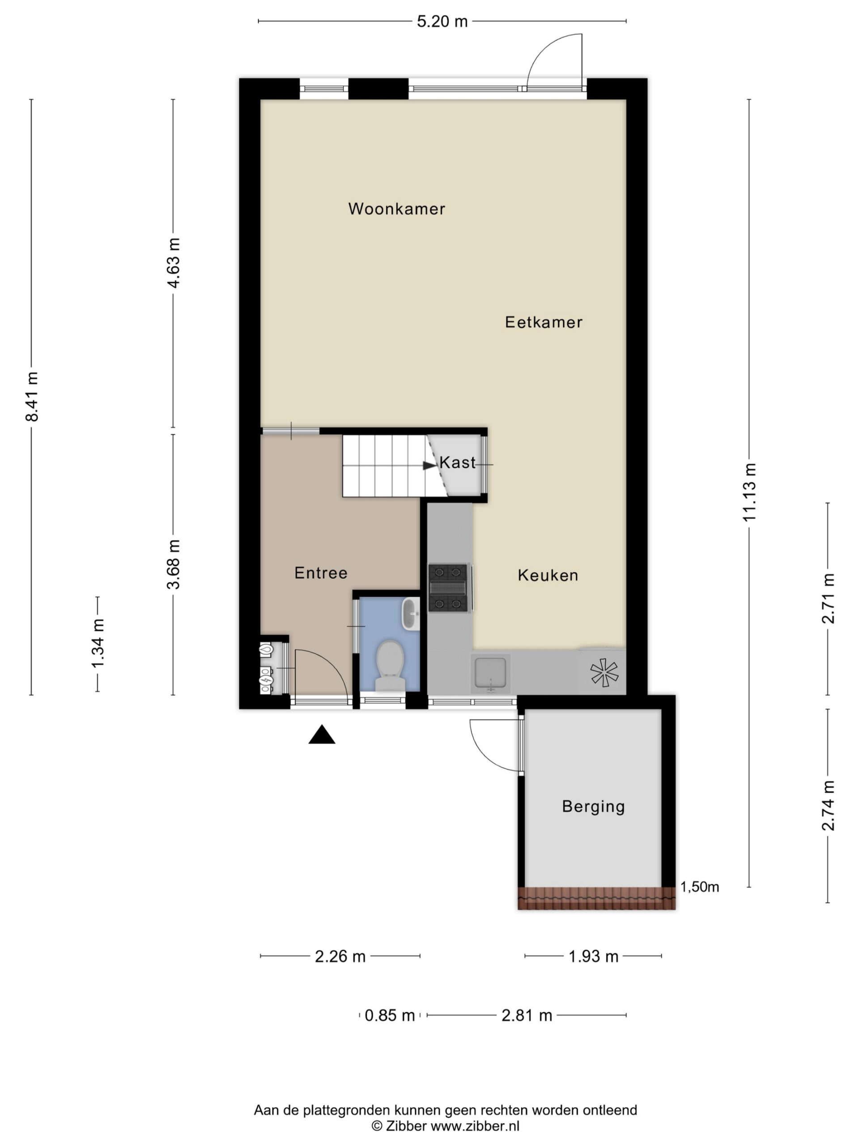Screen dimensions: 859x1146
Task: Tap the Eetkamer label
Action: coord(544,322)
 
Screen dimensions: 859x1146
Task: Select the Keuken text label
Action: coord(548,575)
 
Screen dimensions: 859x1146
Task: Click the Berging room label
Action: coord(593,807)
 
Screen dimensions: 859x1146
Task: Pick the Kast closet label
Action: coord(457,462)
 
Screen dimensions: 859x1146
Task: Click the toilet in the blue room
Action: coord(390,665)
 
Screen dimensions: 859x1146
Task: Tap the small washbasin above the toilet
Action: coord(411,614)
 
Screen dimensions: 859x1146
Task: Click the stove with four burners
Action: coord(448,587)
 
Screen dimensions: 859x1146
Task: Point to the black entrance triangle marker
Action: coord(322,734)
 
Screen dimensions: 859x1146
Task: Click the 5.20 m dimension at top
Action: coord(442,21)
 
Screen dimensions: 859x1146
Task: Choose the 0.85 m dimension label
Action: coord(389,1015)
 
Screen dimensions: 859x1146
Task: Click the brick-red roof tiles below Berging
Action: coord(596,898)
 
